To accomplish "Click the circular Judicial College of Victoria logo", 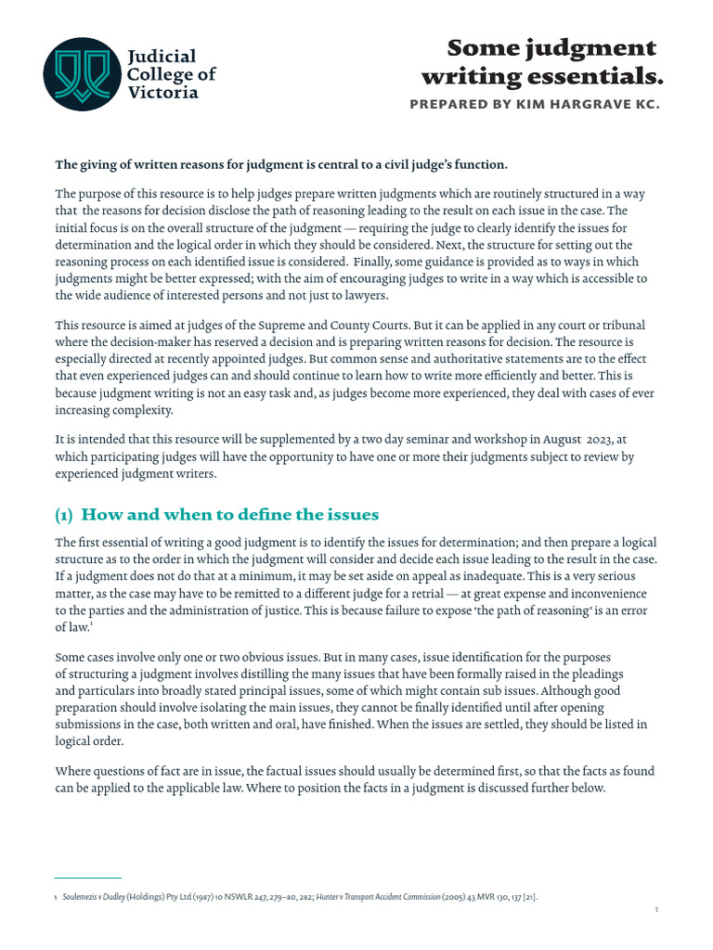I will [81, 74].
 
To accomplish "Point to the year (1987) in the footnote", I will [208, 897].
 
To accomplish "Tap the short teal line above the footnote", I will [87, 878].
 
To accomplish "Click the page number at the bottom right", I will [656, 910].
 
